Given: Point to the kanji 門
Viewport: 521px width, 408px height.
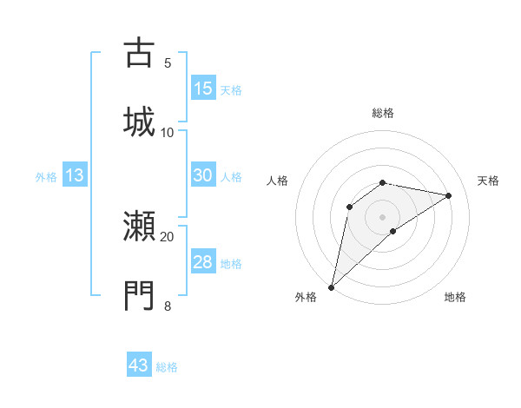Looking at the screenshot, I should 139,295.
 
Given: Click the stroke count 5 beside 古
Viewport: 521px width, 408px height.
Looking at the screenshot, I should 168,63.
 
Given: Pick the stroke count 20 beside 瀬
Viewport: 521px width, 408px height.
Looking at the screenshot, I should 168,236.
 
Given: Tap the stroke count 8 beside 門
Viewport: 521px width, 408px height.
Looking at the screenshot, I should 168,306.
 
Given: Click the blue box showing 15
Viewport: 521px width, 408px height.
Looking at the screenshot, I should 203,89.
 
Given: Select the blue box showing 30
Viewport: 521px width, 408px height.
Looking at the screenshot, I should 203,175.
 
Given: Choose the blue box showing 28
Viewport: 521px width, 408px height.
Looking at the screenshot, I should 203,262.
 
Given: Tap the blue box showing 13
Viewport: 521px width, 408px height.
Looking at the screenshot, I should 75,176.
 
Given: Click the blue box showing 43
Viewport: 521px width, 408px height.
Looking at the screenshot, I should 139,365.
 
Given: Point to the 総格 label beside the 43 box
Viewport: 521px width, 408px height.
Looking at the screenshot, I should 167,367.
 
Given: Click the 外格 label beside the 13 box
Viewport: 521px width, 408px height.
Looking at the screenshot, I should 46,177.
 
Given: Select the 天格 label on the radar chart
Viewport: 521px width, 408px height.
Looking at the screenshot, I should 488,181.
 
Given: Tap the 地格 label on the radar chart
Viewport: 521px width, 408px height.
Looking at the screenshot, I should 455,298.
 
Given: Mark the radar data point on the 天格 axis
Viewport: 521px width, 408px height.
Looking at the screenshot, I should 449,195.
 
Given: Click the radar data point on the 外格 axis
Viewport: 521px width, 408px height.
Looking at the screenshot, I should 331,286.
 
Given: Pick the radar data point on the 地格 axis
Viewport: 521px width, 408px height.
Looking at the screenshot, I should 393,231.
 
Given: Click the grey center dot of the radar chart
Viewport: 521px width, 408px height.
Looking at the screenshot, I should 382,216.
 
